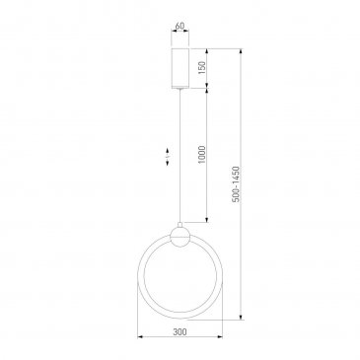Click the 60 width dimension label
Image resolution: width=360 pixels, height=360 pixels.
tap(180, 26)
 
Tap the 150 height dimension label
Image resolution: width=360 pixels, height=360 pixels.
tap(201, 68)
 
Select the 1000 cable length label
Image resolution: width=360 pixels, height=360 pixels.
tap(201, 155)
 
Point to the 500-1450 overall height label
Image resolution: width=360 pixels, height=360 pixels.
tap(237, 184)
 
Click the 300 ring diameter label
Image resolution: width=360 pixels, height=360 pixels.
tap(180, 332)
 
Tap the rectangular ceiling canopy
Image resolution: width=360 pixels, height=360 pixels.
tap(180, 68)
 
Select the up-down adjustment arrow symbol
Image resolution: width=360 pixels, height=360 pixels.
tap(168, 157)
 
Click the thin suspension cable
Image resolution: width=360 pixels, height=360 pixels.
tap(180, 157)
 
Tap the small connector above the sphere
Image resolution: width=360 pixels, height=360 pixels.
tap(180, 225)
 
